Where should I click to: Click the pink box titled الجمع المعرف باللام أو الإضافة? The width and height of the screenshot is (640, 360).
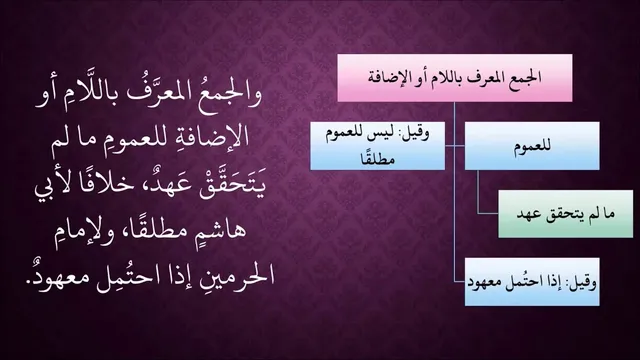click(455, 78)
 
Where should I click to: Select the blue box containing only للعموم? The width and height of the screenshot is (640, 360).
click(532, 146)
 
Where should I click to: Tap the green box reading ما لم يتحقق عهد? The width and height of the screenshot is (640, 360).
click(566, 214)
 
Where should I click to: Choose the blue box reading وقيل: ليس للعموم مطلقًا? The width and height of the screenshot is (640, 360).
click(378, 146)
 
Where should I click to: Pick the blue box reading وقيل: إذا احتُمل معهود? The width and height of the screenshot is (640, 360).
click(532, 282)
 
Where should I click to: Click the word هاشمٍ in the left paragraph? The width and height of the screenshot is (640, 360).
click(221, 230)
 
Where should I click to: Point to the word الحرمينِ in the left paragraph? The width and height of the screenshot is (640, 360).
click(232, 275)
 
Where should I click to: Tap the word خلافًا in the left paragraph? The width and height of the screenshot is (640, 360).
click(107, 184)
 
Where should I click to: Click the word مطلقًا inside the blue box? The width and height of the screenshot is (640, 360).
click(378, 157)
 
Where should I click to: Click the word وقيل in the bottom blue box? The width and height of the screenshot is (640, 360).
click(585, 282)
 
